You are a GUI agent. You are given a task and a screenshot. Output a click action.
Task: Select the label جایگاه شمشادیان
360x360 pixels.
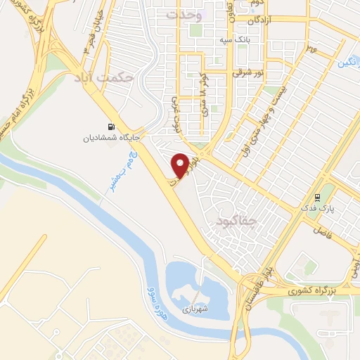pyautogui.click(x=109, y=139)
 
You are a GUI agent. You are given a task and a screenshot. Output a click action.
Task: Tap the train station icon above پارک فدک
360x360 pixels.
pyautogui.click(x=318, y=198)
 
